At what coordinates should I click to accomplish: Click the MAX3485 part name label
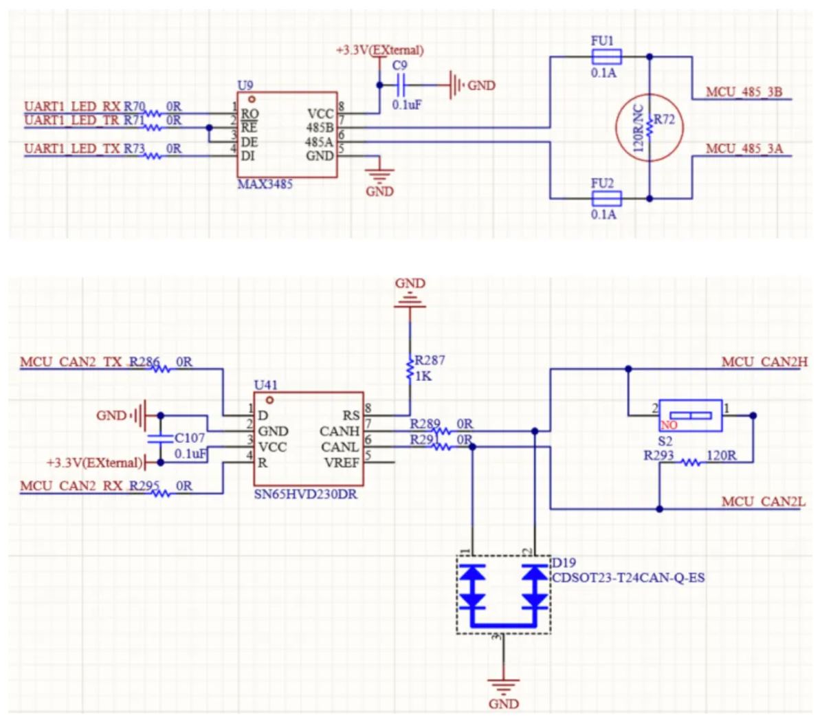pos(265,184)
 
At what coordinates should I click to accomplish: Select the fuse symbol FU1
pos(606,56)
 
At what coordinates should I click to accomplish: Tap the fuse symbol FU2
pos(606,199)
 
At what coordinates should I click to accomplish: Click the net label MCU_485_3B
pos(744,92)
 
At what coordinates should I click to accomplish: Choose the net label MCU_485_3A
pos(744,149)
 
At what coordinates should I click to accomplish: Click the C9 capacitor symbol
pos(401,85)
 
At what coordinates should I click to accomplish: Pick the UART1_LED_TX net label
pos(72,149)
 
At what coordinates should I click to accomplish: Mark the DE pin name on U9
pos(250,142)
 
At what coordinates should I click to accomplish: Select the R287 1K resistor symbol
pos(410,369)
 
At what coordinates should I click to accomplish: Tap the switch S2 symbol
pos(690,415)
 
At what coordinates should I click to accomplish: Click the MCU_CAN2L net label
pos(763,502)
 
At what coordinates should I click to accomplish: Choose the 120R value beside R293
pos(721,455)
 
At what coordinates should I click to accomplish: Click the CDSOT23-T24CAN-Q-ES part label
pos(628,577)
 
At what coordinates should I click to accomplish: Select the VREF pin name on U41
pos(342,463)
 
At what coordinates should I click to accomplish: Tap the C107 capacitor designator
pos(190,438)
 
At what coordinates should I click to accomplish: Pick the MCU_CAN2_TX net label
pos(72,362)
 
